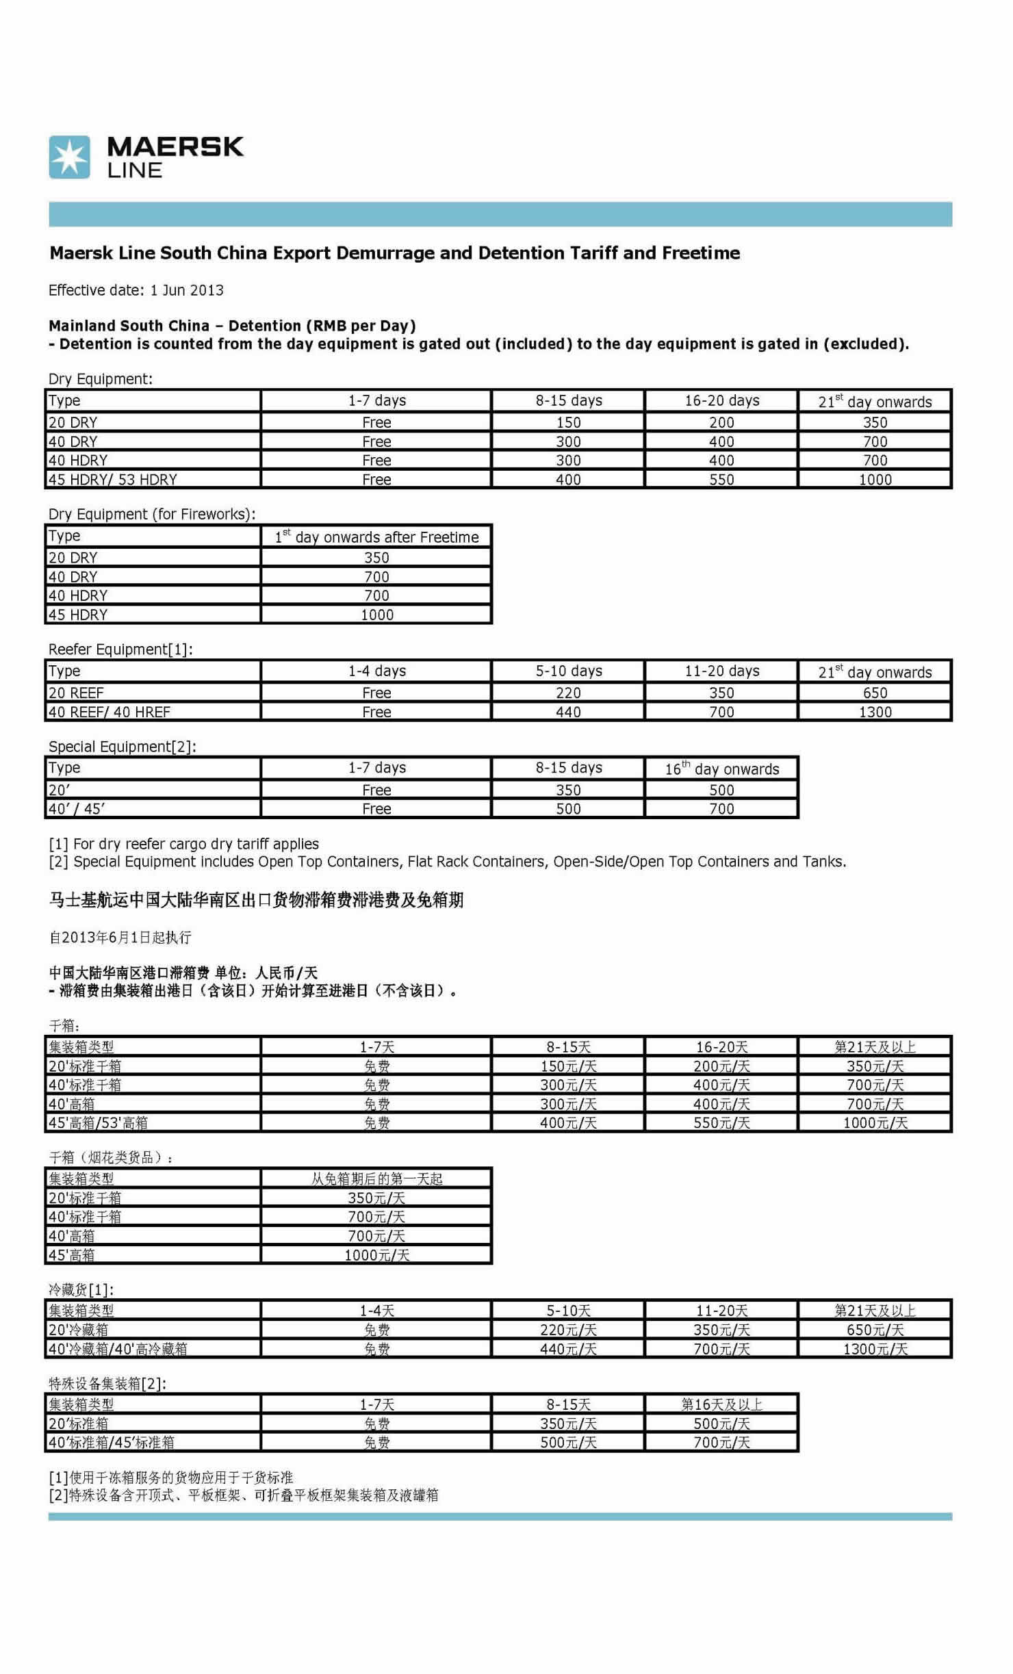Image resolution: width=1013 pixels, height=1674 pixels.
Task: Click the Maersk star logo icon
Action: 69,157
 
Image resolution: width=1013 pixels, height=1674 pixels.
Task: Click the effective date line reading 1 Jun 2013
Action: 136,290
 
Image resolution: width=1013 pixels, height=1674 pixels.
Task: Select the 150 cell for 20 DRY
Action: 568,422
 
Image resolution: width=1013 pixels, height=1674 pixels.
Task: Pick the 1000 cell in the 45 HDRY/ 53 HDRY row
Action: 875,480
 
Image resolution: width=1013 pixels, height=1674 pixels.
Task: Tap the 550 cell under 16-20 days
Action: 721,480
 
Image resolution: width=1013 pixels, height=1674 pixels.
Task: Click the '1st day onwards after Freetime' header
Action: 376,537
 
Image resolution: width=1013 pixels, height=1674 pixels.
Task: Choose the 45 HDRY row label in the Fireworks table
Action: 78,615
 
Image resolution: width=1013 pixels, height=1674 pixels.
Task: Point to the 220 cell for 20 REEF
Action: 568,693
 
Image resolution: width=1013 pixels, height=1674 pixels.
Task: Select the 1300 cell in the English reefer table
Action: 875,712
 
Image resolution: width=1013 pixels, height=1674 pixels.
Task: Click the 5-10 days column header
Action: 568,671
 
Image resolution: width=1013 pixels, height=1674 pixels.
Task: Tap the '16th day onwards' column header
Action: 721,769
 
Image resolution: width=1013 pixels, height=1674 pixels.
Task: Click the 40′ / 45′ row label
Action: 77,808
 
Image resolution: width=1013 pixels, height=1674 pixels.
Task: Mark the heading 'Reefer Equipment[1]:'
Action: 120,649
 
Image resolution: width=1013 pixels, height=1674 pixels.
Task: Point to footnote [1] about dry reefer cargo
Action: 183,844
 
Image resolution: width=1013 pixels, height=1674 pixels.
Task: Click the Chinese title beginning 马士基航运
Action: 256,900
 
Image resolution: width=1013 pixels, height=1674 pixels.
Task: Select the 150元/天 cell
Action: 568,1066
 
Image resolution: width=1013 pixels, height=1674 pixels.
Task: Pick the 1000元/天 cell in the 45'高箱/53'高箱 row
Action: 875,1123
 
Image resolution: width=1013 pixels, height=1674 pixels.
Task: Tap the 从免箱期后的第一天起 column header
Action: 376,1179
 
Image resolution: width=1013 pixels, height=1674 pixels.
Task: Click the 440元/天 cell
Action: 568,1349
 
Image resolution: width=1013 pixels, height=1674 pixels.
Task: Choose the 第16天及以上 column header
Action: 721,1404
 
